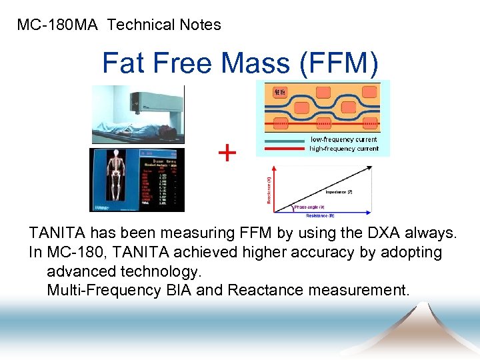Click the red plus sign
click(227, 154)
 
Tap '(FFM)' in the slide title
click(339, 64)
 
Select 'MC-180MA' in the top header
click(58, 25)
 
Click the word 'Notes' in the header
click(200, 25)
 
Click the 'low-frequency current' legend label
click(343, 139)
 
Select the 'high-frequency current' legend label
click(343, 148)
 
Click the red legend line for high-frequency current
click(285, 149)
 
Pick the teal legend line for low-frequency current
click(285, 140)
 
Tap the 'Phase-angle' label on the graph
click(309, 207)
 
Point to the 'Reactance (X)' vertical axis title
click(269, 190)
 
